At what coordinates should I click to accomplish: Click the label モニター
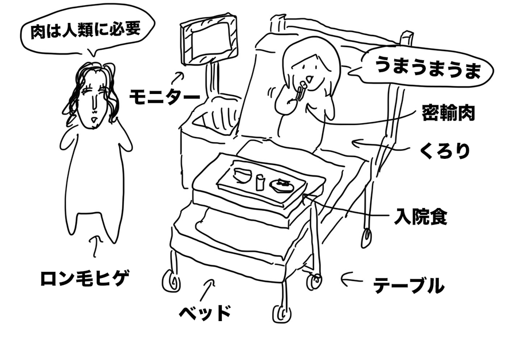[164, 96]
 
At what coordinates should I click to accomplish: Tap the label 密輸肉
[449, 113]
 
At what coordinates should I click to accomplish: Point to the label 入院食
[421, 218]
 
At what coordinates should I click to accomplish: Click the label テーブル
[408, 285]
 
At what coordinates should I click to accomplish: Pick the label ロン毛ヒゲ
[85, 279]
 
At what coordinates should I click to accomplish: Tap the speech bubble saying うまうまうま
[425, 69]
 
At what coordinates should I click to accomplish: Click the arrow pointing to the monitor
[179, 76]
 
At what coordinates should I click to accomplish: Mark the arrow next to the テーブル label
[352, 279]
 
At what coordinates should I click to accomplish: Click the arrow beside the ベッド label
[209, 284]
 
